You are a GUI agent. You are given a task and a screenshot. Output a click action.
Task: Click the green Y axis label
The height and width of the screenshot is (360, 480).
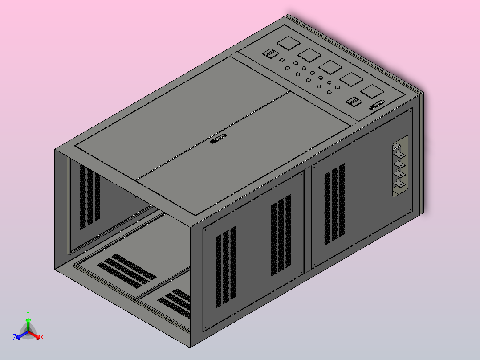(x=28, y=313)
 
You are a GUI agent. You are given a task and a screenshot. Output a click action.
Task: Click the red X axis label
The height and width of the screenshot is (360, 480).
(x=42, y=338)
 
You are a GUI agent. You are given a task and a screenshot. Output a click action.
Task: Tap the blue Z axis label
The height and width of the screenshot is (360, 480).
(x=15, y=338)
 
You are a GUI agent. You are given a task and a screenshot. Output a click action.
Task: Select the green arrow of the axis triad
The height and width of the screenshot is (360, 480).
(x=28, y=323)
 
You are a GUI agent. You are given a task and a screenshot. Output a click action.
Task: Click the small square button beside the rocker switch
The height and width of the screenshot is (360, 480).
(x=281, y=60)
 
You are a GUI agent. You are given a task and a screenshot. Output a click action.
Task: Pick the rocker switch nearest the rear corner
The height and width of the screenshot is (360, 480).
(x=269, y=54)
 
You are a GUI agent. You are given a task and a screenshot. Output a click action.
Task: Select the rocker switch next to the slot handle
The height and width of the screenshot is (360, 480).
(x=354, y=102)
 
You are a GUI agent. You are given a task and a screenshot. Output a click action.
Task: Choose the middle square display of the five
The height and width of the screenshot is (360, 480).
(x=330, y=67)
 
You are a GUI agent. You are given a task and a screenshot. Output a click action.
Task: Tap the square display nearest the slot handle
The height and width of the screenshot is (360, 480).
(x=372, y=92)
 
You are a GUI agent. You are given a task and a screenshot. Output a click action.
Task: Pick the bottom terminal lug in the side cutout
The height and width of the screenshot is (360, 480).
(x=400, y=184)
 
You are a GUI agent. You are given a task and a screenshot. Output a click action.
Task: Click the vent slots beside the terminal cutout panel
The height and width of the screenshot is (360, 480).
(x=335, y=204)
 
